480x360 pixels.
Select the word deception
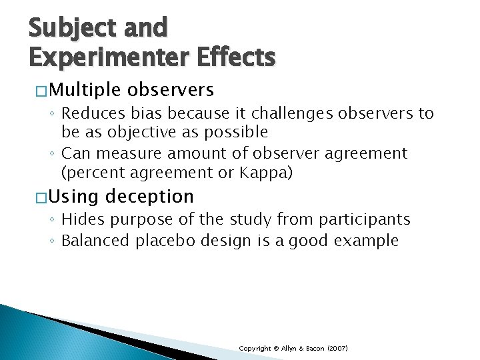(x=149, y=197)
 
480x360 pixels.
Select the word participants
(x=369, y=220)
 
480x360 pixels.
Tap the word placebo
(x=156, y=241)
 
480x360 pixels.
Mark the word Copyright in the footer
(x=255, y=349)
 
